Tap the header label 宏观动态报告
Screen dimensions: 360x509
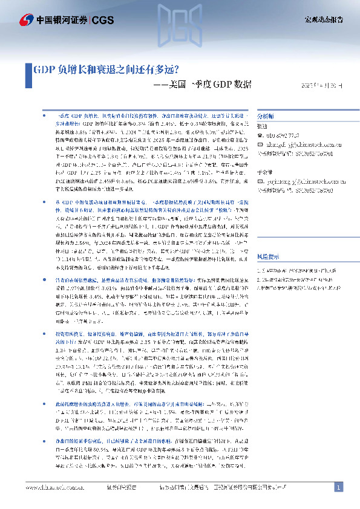323,20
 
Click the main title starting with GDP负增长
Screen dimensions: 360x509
105,68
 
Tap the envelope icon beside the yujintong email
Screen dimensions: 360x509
260,181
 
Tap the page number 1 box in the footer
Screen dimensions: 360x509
339,487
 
